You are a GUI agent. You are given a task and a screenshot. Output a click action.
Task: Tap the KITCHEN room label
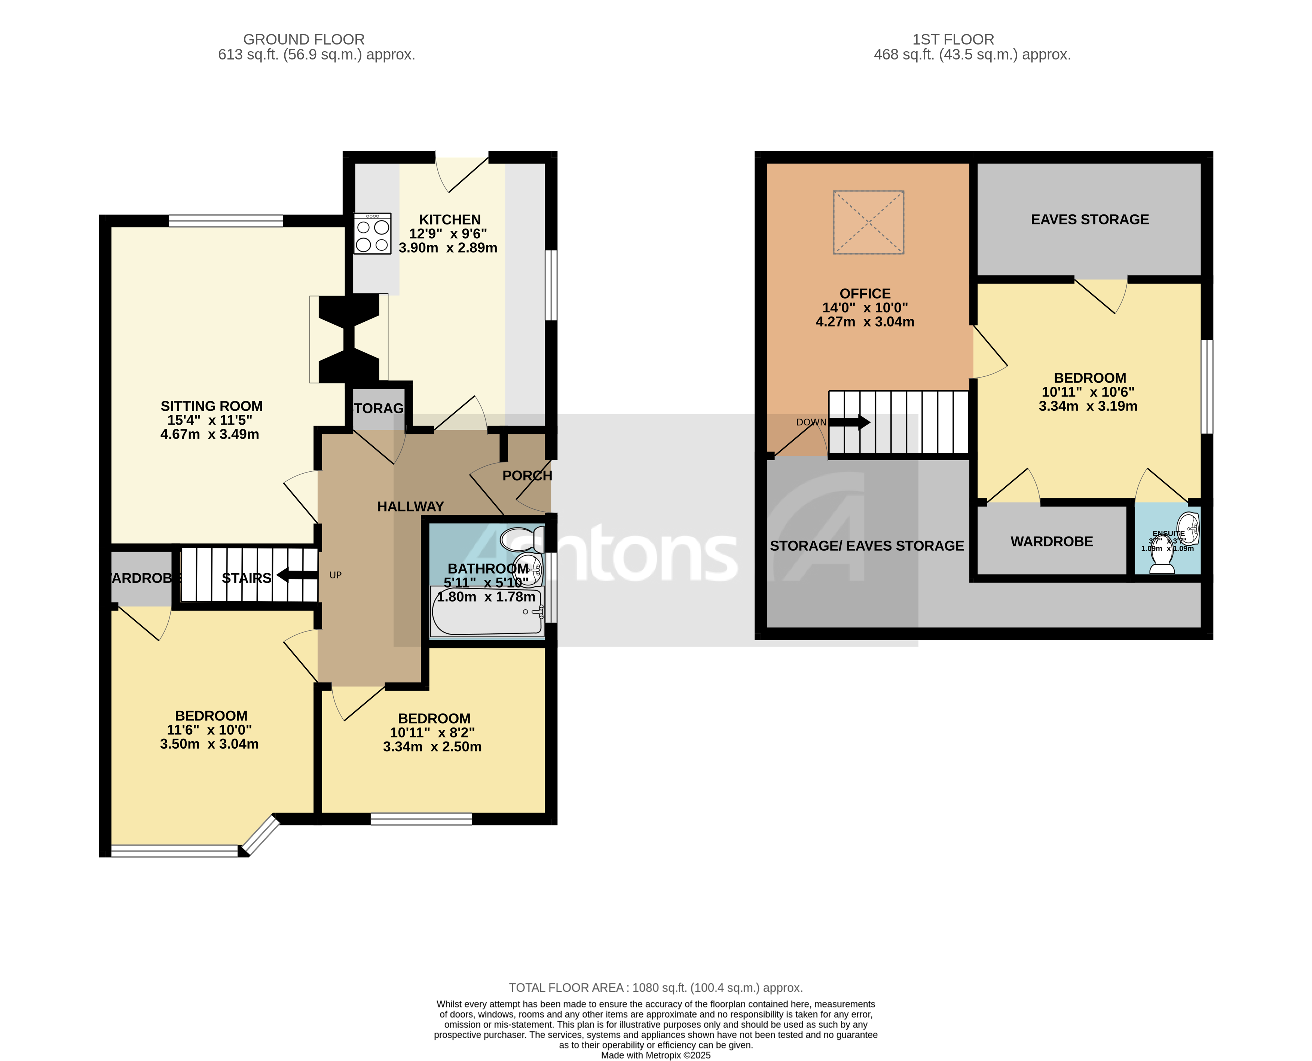tap(450, 219)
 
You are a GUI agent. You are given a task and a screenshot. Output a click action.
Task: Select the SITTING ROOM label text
tap(211, 406)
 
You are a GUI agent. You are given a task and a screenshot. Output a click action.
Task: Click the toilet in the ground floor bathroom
tap(523, 539)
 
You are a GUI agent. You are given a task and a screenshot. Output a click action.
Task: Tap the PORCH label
tap(527, 476)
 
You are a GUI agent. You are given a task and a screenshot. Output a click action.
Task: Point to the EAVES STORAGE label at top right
tap(1089, 219)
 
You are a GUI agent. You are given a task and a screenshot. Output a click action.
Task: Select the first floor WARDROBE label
tap(1051, 541)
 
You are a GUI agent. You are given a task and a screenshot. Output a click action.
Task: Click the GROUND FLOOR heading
tap(304, 39)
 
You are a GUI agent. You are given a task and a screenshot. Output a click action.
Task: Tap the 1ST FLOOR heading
tap(953, 39)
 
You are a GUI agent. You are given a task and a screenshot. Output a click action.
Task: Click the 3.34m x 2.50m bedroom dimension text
tap(432, 747)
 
